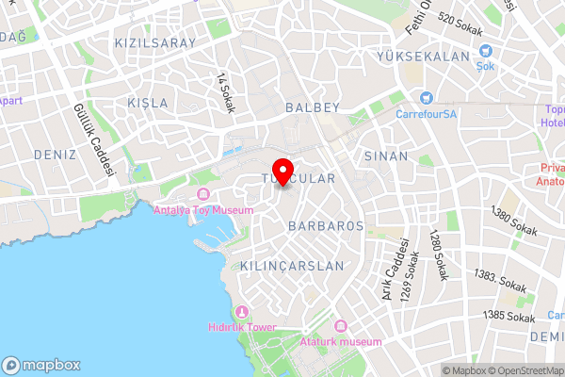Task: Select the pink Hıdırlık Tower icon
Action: click(242, 312)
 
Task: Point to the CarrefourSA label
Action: click(426, 114)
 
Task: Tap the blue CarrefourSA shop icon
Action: click(427, 97)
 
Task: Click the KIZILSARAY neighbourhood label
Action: click(154, 43)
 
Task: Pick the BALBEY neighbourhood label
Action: click(312, 108)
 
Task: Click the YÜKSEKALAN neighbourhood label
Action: click(422, 57)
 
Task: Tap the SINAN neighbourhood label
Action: click(387, 156)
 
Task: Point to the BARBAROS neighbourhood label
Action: click(326, 226)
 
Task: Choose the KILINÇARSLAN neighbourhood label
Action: click(292, 266)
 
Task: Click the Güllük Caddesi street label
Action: click(93, 140)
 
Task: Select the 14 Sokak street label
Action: click(225, 92)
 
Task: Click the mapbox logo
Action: click(41, 365)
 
